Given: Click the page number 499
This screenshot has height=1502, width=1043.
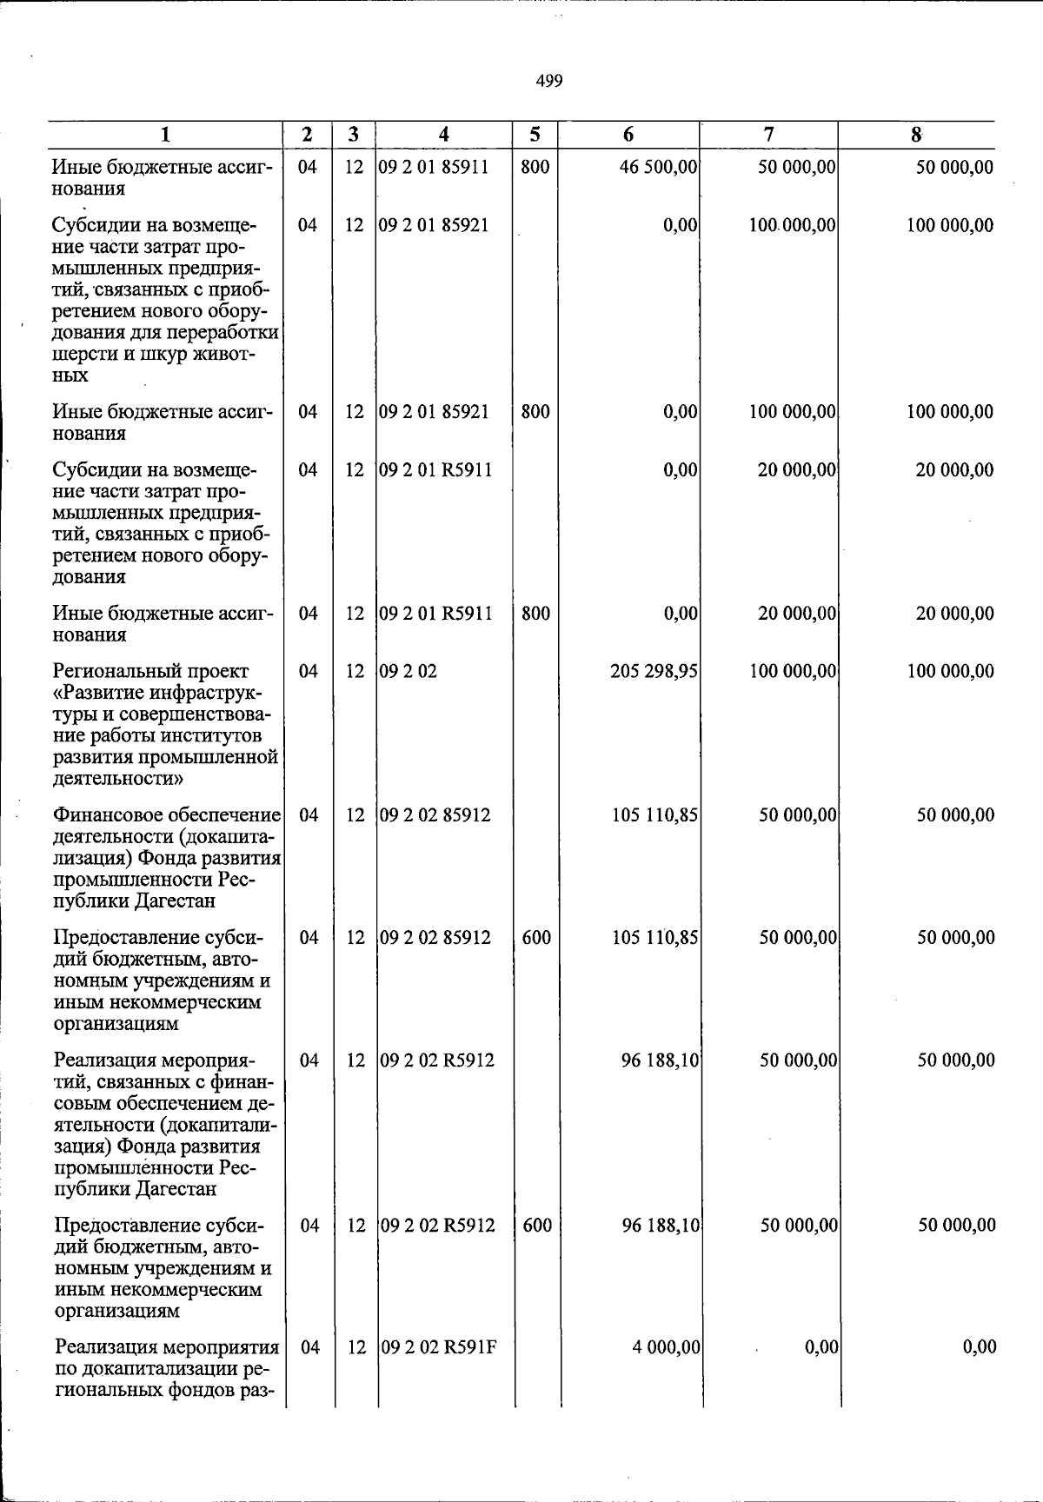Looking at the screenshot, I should pos(549,82).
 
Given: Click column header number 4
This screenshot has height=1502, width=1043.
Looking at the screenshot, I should pos(444,135).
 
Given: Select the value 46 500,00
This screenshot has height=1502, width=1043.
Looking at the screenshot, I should pos(659,167).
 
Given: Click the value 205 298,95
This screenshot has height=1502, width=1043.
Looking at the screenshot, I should pos(656,671).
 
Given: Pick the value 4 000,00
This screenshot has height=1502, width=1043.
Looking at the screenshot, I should pos(667,1347).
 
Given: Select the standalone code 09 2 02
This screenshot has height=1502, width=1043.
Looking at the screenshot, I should pos(409,671).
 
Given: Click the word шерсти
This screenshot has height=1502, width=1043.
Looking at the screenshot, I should pos(83,355).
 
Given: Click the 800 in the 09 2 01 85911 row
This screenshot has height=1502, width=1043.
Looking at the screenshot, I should pos(535,167).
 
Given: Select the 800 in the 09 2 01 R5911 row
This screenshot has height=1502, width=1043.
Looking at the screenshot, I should pos(535,614).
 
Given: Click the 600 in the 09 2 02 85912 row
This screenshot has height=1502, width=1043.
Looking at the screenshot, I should pos(536,938).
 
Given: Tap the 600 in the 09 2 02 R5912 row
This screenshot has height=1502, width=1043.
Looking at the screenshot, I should pos(537,1226).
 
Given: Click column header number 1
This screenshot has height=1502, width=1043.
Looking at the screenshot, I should pos(165,135).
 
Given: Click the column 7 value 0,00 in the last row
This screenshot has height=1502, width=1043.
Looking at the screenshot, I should pos(821,1347).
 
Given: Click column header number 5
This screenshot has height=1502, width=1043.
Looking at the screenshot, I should pos(535,135).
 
